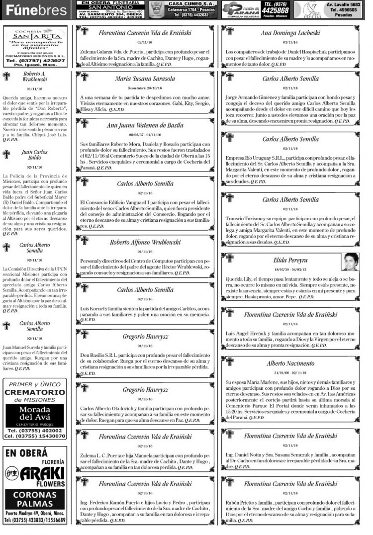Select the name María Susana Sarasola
point(145,79)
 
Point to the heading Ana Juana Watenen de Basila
point(145,125)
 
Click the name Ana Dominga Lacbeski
point(290,33)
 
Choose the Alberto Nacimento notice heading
point(290,363)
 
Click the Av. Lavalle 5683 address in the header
point(343,4)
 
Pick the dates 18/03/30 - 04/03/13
point(290,269)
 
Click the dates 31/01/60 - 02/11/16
point(290,372)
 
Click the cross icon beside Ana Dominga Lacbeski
point(229,31)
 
